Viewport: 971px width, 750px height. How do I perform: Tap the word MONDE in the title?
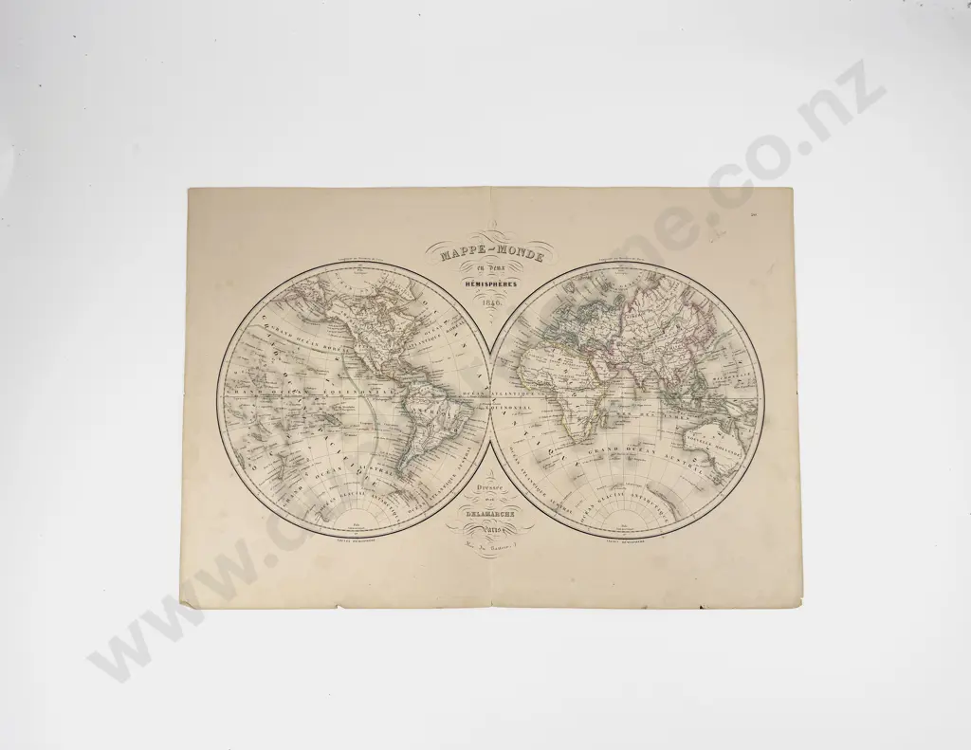click(519, 252)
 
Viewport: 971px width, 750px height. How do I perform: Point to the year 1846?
click(489, 302)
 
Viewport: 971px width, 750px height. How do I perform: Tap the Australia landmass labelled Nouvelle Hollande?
click(713, 444)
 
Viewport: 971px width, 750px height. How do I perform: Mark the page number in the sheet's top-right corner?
click(750, 216)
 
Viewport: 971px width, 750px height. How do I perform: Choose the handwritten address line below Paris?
click(489, 550)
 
